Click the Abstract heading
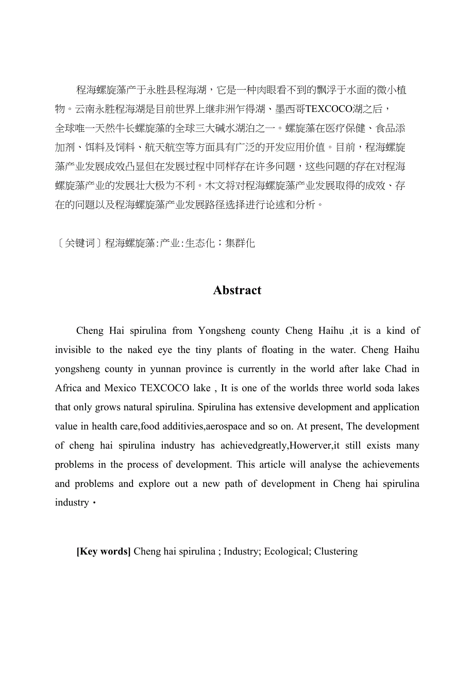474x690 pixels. click(237, 291)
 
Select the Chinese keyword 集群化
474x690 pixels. click(240, 243)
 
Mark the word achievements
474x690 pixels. click(390, 464)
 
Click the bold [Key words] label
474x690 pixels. click(104, 551)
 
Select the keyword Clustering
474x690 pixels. click(336, 551)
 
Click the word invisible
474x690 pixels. click(73, 350)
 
